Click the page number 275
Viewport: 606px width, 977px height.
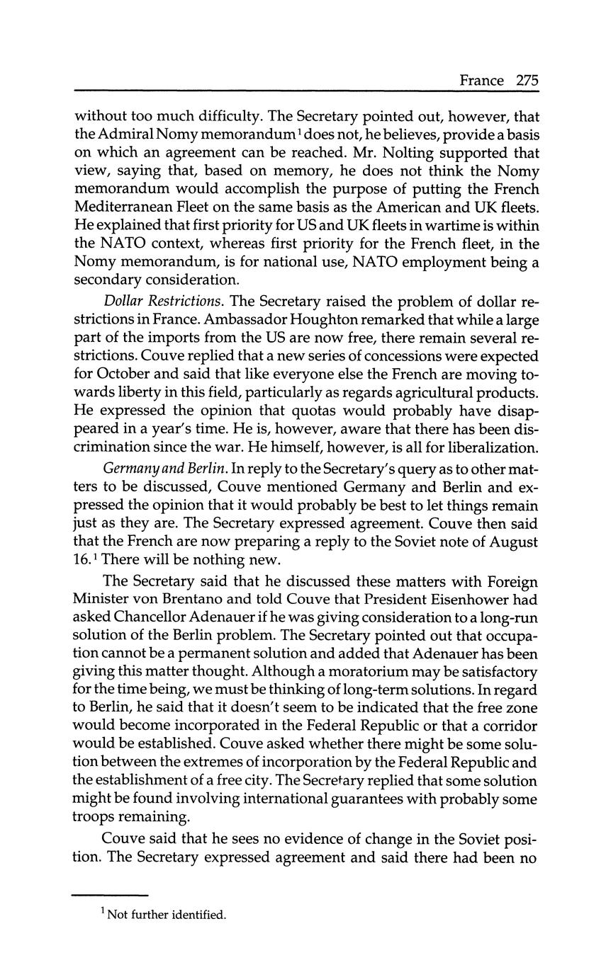point(527,80)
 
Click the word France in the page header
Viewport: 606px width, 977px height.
point(482,80)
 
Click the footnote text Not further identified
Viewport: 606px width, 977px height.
point(166,915)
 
